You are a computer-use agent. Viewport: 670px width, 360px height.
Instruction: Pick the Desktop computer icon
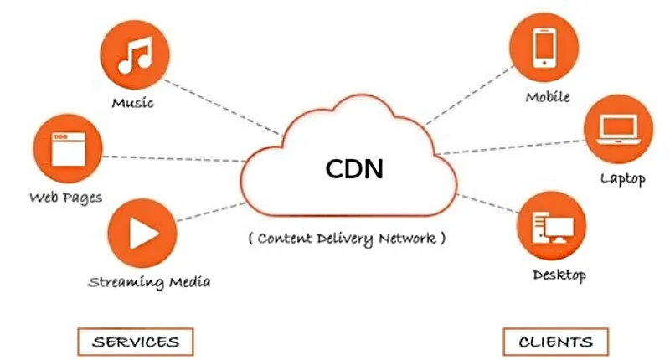(552, 225)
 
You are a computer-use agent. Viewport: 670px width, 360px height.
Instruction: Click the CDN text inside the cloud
(354, 168)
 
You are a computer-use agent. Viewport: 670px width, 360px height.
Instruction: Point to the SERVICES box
(136, 342)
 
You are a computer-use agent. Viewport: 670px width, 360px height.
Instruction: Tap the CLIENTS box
(555, 342)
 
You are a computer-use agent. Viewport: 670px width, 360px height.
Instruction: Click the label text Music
(134, 105)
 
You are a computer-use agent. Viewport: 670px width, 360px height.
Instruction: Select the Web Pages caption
(65, 198)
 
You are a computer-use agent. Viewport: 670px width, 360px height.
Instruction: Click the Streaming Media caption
(149, 281)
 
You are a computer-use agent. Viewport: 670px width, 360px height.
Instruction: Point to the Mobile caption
(548, 96)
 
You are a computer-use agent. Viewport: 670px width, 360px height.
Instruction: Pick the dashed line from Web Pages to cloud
(172, 158)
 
